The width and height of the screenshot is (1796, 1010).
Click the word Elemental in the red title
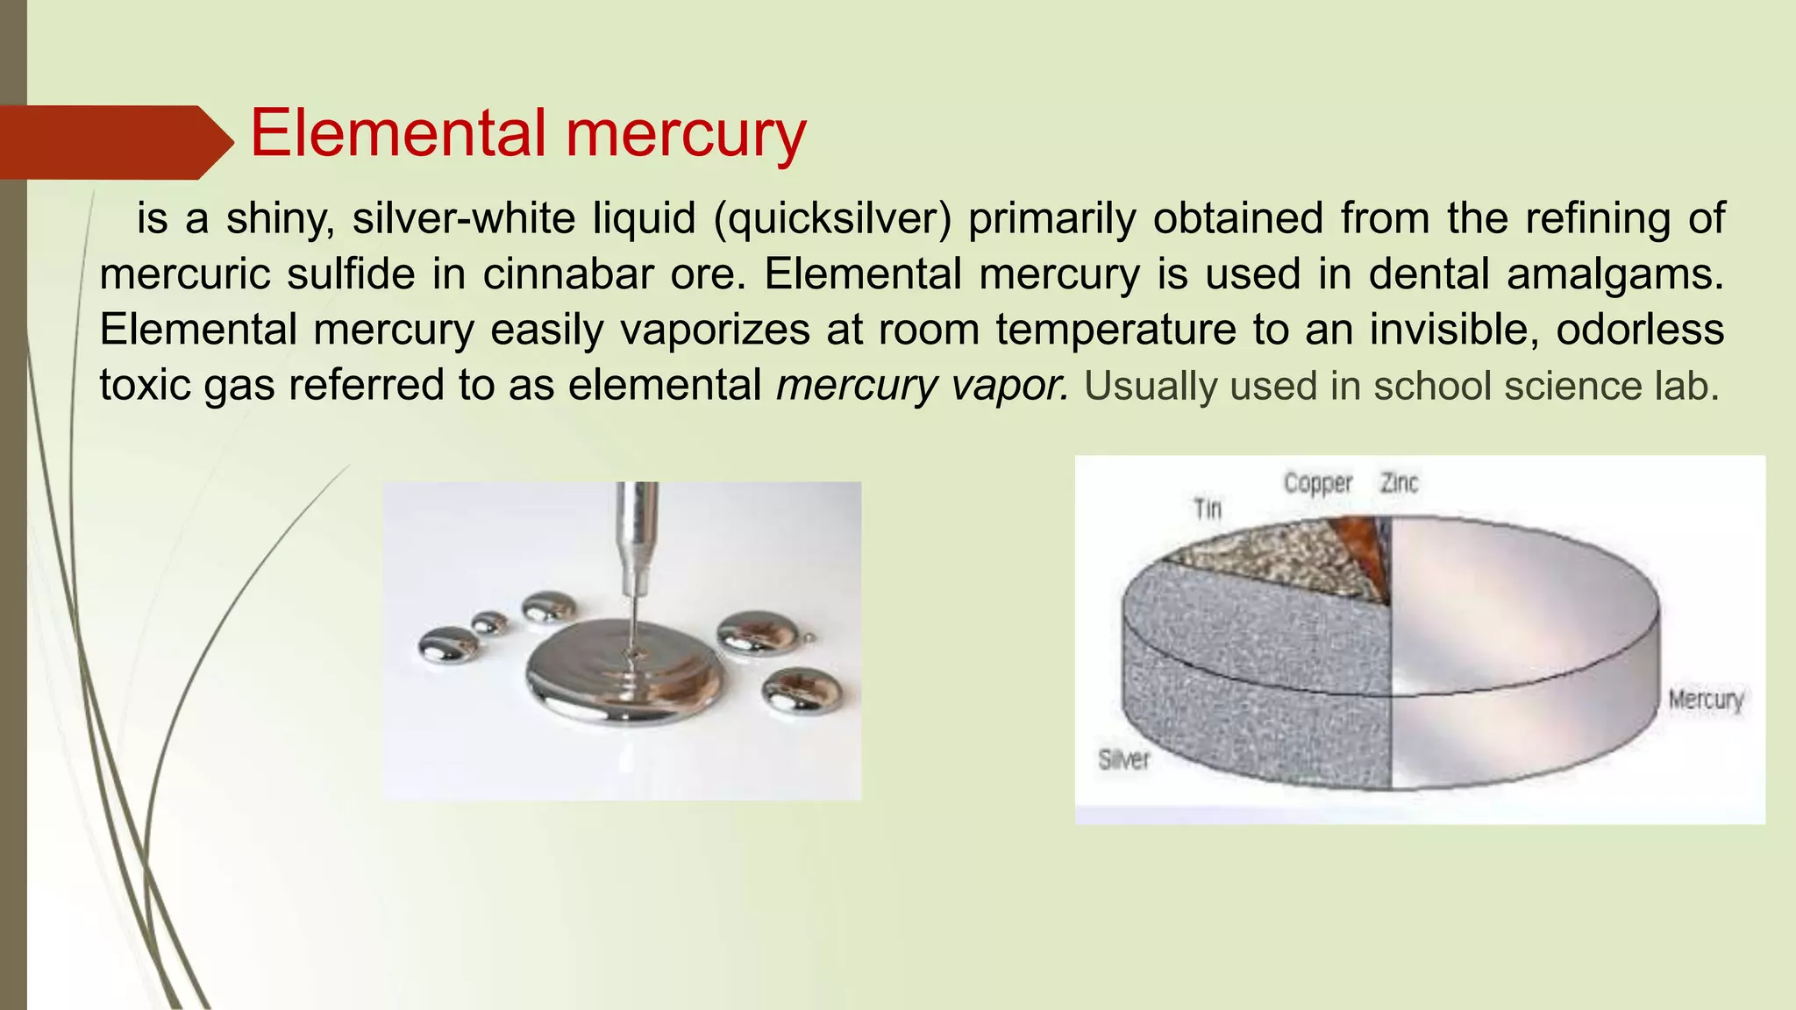click(x=399, y=133)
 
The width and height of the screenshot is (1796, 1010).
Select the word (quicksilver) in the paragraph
click(x=832, y=218)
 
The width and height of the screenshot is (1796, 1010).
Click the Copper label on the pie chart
click(x=1318, y=483)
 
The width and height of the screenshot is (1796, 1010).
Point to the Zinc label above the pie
click(x=1399, y=483)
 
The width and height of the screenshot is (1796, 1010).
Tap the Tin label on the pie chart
click(x=1208, y=509)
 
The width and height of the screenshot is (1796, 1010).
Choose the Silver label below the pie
click(x=1123, y=759)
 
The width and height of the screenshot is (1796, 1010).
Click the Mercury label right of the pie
click(x=1706, y=700)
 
